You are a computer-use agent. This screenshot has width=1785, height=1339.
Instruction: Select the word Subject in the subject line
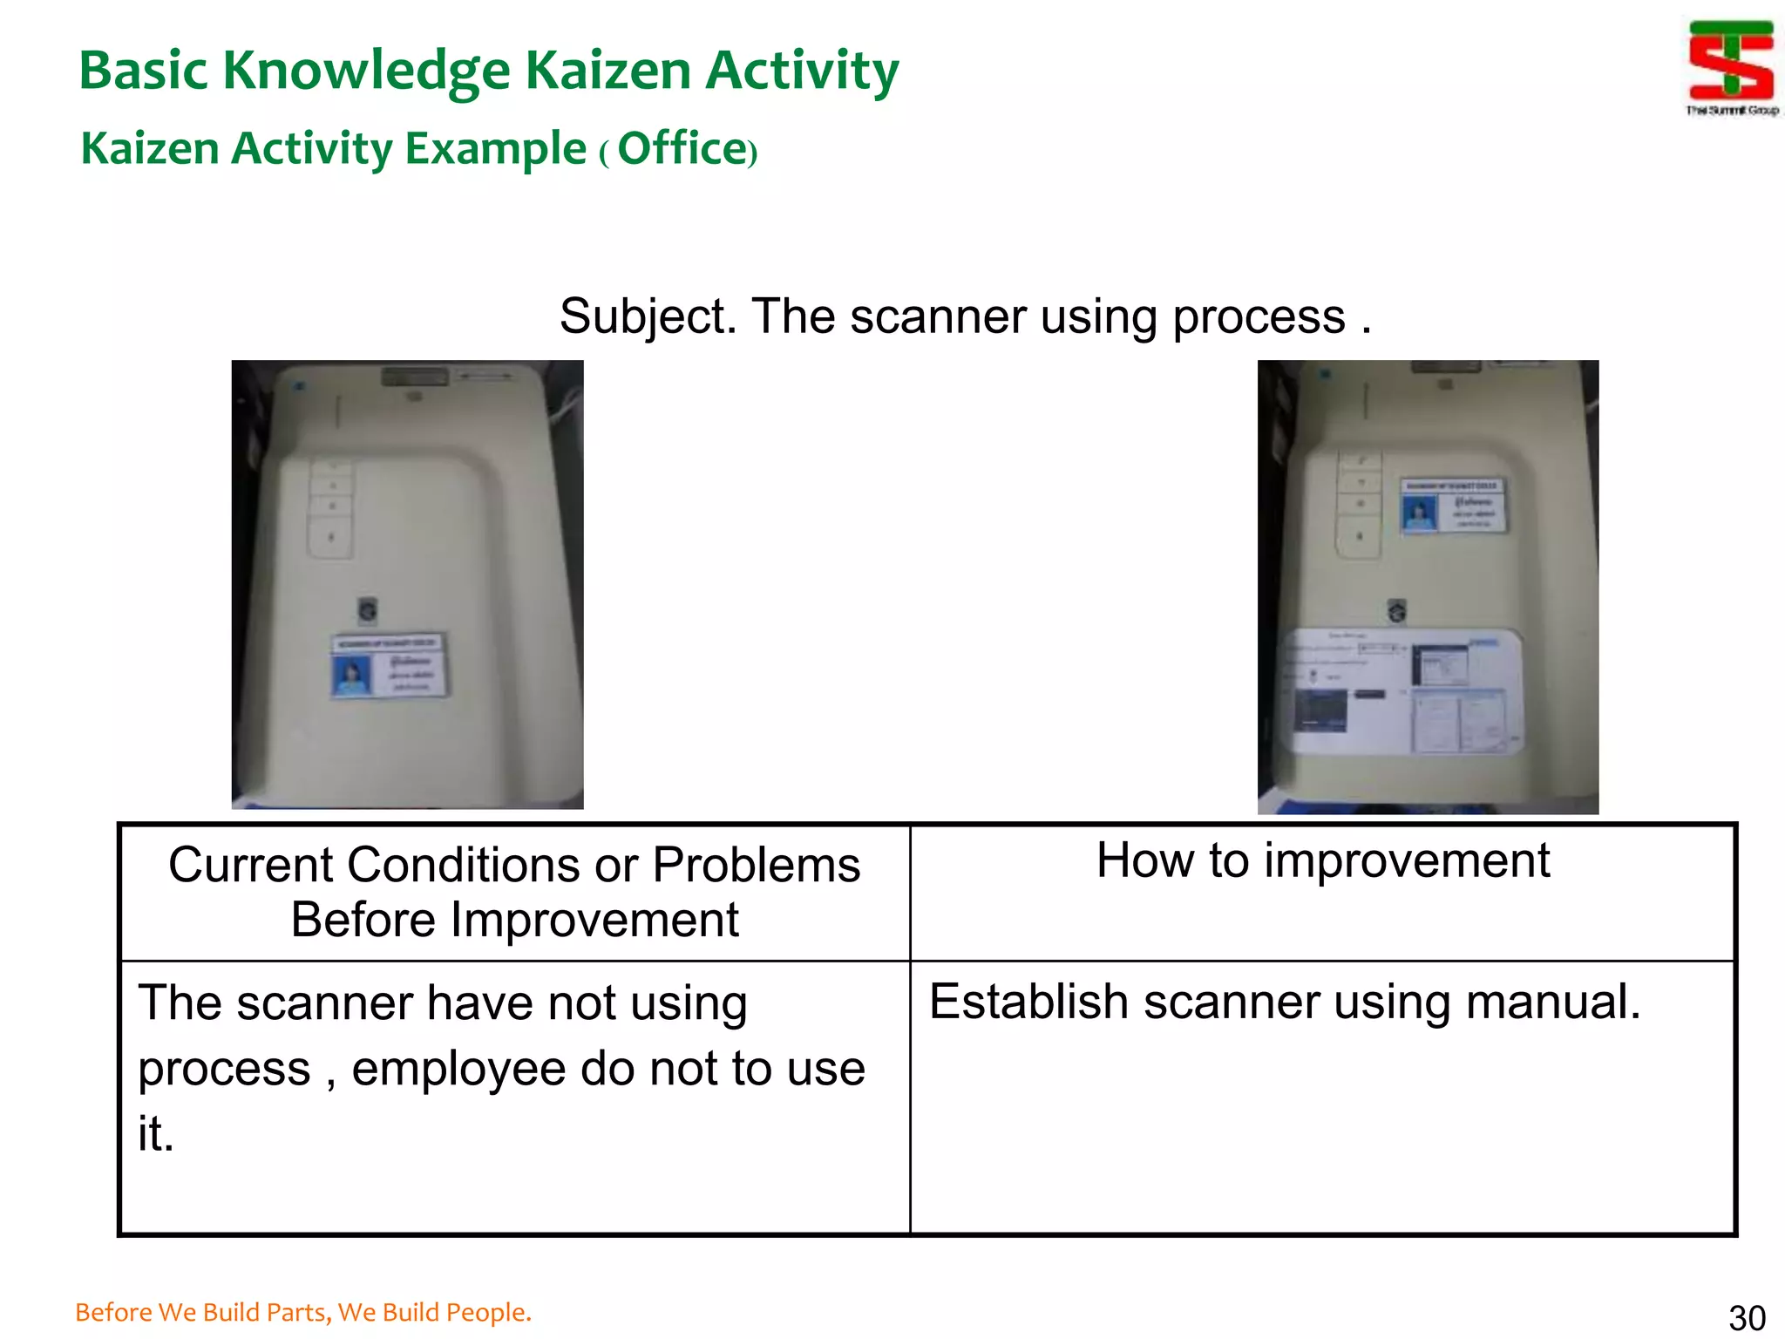(x=647, y=316)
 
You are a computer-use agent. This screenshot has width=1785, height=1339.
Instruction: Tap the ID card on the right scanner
(x=1452, y=506)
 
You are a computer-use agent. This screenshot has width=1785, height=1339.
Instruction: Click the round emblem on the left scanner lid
(x=368, y=608)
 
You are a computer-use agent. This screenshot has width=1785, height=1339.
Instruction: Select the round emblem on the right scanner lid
(x=1397, y=610)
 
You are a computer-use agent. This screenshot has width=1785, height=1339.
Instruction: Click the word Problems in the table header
(x=756, y=865)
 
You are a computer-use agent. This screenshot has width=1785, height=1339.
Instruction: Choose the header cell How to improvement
(x=1322, y=860)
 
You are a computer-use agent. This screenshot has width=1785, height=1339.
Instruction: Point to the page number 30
(x=1747, y=1317)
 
